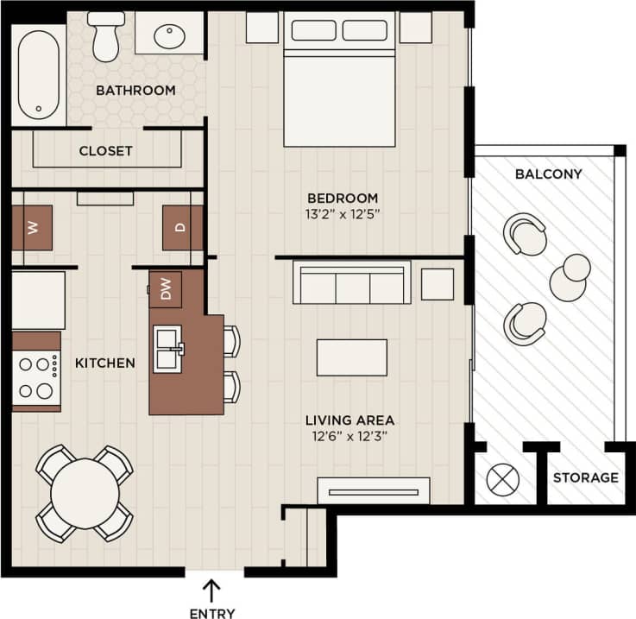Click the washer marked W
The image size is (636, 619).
tap(32, 228)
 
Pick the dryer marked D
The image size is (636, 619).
tap(181, 228)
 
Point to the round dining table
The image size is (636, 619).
tap(85, 493)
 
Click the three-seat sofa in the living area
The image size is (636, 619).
tap(351, 284)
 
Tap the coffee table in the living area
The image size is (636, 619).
tap(351, 357)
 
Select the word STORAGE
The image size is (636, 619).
tap(585, 477)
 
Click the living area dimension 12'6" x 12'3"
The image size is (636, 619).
tap(349, 437)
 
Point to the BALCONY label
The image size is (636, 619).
tap(548, 174)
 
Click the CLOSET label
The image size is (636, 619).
tap(105, 151)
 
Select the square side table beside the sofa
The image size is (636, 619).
tap(438, 284)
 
